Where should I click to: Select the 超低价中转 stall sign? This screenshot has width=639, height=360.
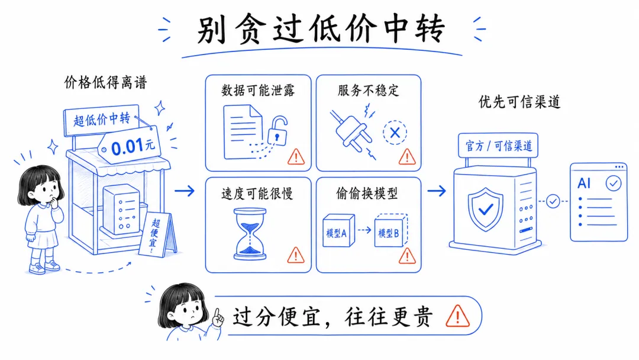click(101, 120)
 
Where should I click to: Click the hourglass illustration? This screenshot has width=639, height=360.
click(251, 233)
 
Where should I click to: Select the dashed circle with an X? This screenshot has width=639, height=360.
click(395, 133)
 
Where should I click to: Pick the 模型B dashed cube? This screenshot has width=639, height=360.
click(389, 232)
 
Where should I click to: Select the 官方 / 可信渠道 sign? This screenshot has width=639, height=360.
click(498, 146)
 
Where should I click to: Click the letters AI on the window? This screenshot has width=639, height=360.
click(584, 184)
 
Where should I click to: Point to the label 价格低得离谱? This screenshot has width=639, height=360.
click(105, 82)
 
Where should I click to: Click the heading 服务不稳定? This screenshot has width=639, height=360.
click(368, 90)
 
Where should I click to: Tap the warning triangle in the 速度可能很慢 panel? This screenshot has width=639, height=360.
click(295, 255)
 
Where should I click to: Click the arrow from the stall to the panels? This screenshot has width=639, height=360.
click(185, 191)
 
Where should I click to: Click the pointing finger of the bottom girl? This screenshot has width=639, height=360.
click(218, 317)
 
